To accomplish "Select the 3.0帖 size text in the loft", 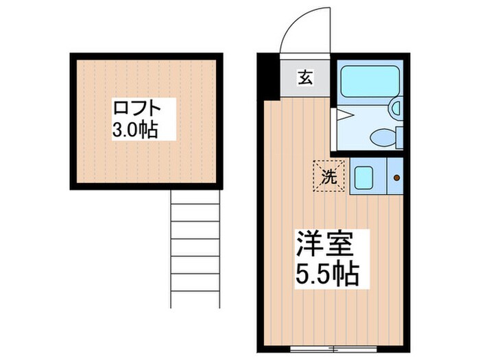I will point(136,130).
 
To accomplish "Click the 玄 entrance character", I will point(304,77).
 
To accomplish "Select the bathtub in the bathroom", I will point(370,83).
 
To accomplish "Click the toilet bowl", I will point(383,137).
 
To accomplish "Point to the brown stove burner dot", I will point(396,178).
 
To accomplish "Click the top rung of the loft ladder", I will point(195,204).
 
